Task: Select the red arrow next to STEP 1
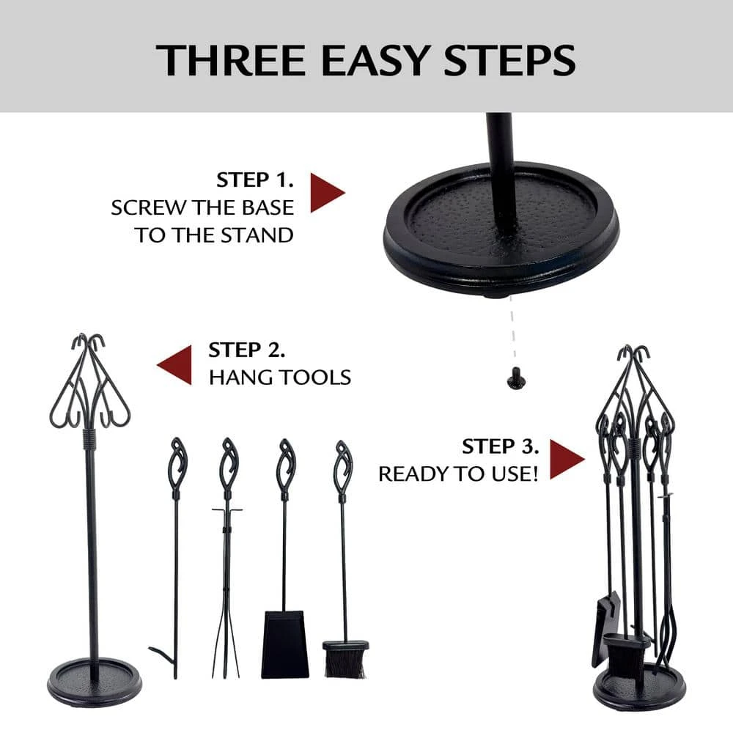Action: [x=326, y=193]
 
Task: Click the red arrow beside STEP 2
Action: [x=175, y=364]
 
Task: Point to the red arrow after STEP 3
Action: [x=566, y=460]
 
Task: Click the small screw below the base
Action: [x=512, y=378]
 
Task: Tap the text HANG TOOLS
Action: [x=279, y=377]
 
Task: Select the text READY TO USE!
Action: [x=458, y=474]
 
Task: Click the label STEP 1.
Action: [x=254, y=180]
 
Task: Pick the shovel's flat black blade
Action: [x=285, y=644]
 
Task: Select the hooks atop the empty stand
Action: [x=89, y=345]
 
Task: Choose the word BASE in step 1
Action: [x=267, y=207]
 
